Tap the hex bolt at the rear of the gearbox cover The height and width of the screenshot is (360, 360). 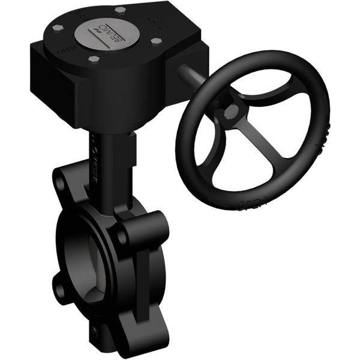point(119,10)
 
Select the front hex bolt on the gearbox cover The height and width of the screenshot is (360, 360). point(94,59)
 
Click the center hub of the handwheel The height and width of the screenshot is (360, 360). point(231,112)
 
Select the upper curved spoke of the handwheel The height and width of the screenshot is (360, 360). point(264,99)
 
